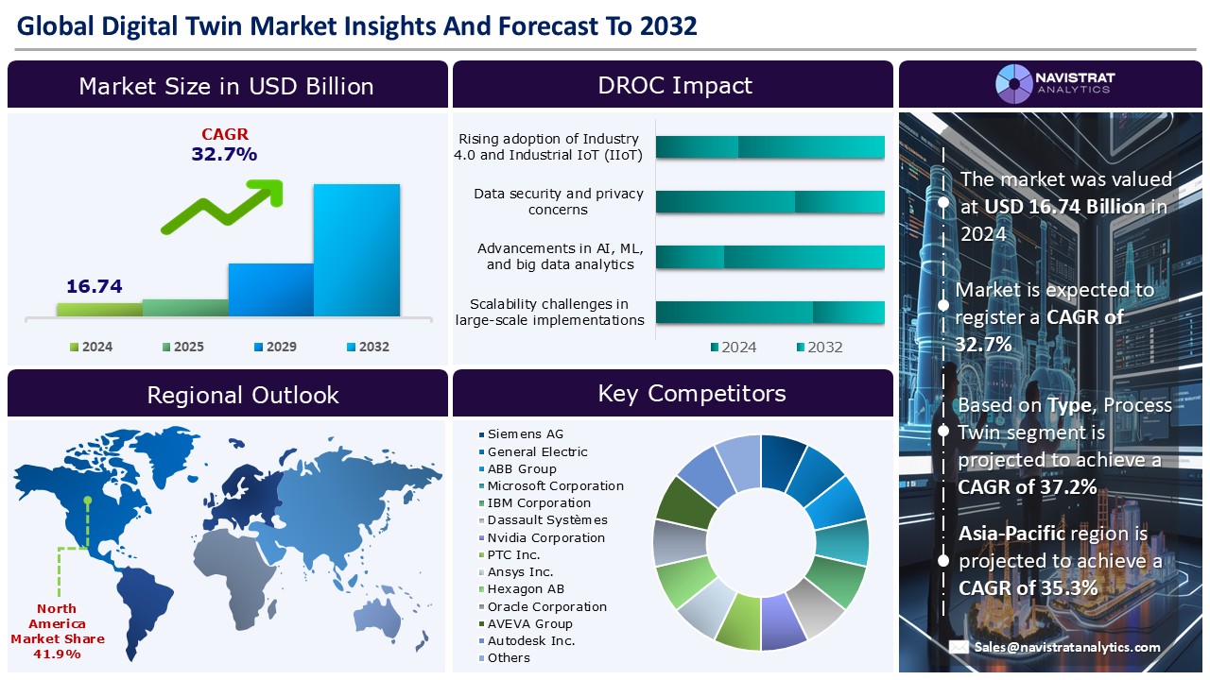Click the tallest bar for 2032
(x=356, y=249)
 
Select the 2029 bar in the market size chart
(x=270, y=289)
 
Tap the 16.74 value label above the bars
(x=95, y=286)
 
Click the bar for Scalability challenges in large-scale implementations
(x=769, y=313)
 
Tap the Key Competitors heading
(x=691, y=393)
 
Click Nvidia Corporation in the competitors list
(x=545, y=537)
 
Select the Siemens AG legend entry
(x=525, y=434)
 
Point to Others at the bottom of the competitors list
(x=509, y=657)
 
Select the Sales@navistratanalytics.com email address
(x=1067, y=647)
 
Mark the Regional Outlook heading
(x=243, y=395)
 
